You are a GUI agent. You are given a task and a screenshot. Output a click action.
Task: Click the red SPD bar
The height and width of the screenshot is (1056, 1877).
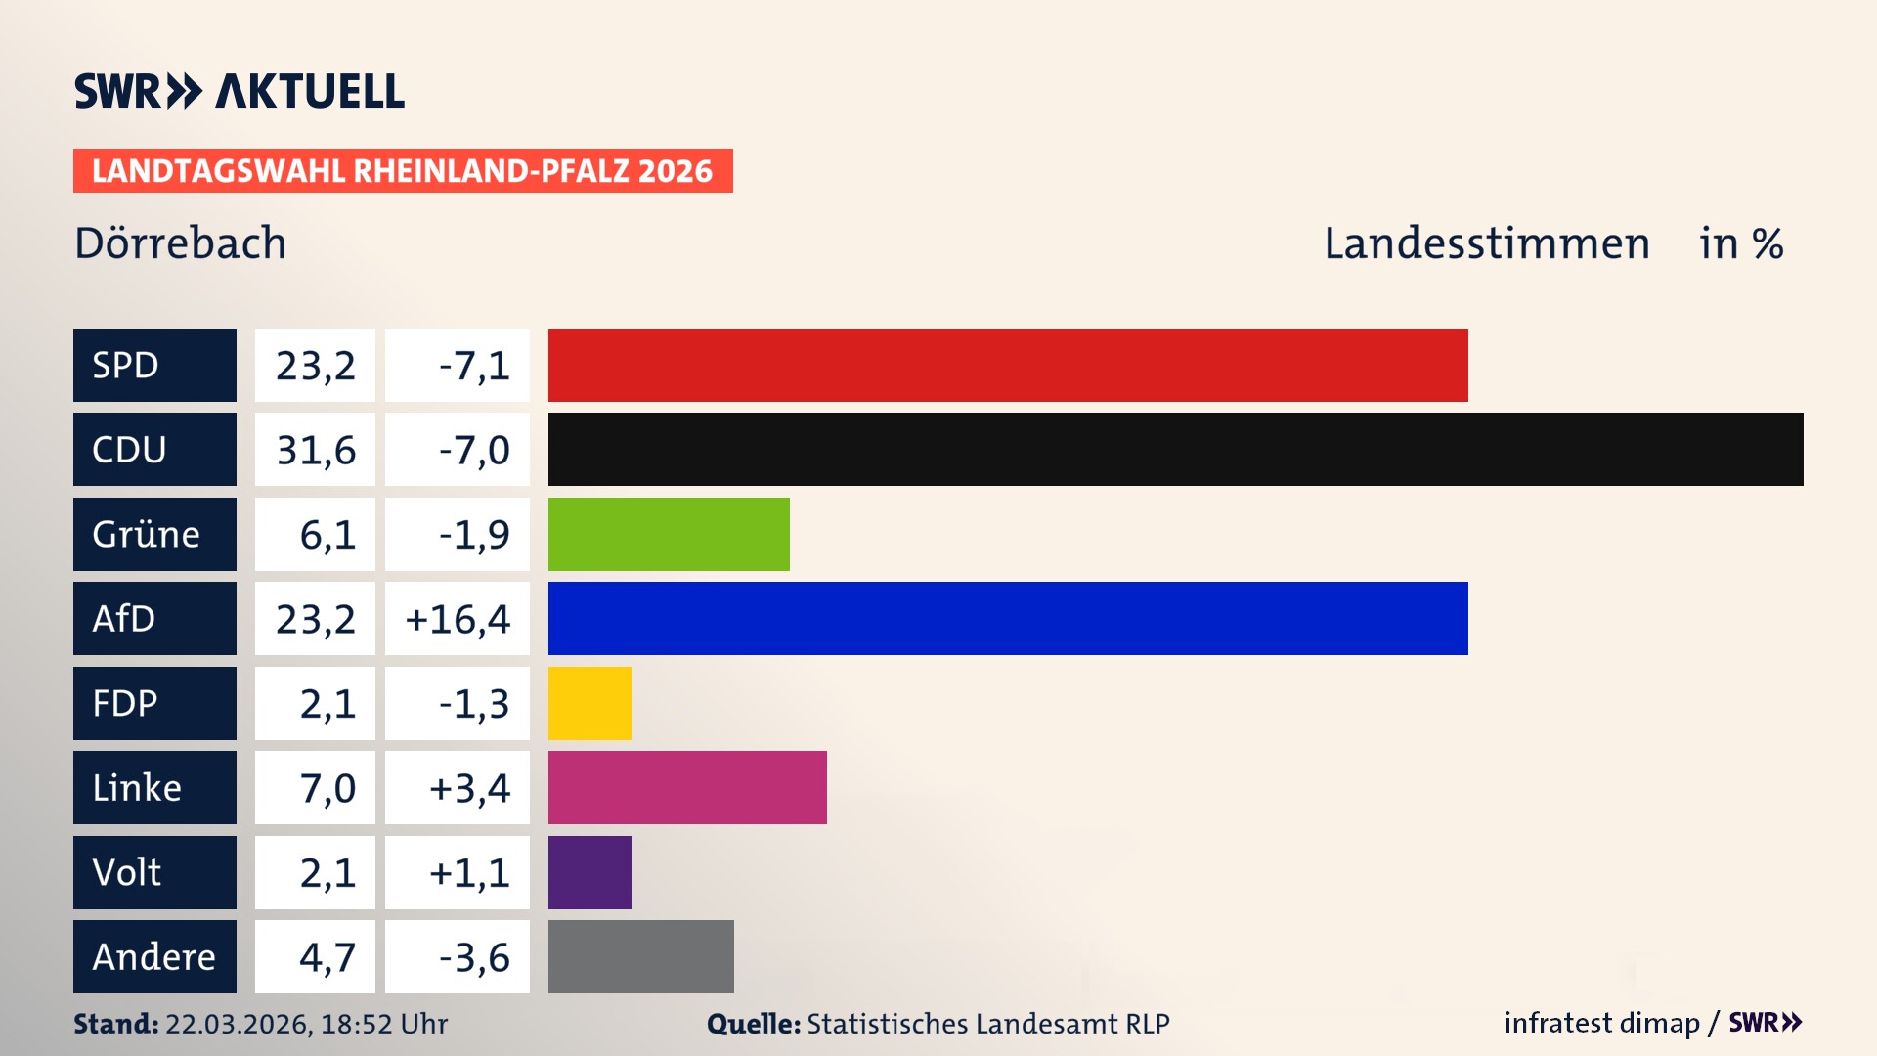(1007, 365)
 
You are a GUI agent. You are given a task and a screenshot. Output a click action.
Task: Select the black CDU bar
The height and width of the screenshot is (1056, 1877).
(1175, 450)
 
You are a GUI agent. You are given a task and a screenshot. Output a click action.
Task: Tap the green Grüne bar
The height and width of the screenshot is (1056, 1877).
(669, 534)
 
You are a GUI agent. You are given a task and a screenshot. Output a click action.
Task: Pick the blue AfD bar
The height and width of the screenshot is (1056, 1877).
(1007, 618)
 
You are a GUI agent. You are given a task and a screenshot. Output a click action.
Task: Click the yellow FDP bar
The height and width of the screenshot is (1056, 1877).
(589, 703)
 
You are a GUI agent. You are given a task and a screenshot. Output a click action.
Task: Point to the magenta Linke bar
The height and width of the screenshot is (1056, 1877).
(687, 787)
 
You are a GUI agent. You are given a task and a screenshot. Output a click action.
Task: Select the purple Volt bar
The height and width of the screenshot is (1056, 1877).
(589, 872)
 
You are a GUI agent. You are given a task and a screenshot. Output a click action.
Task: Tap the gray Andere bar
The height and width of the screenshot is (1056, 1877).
(640, 956)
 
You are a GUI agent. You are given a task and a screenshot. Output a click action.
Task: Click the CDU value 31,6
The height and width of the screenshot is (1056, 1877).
(316, 450)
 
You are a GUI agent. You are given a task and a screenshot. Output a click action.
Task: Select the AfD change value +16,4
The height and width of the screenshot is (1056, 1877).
(458, 619)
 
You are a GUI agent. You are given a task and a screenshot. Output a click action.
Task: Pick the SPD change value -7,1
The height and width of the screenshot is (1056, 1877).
(473, 366)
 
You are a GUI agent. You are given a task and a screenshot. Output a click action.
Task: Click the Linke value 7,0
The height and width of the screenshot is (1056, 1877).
(327, 788)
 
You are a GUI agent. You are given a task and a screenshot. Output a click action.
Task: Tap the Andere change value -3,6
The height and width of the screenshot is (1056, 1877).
(473, 957)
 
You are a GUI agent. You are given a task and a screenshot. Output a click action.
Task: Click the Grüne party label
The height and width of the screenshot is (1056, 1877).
(147, 534)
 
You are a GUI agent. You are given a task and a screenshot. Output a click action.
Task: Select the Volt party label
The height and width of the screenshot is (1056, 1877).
(127, 872)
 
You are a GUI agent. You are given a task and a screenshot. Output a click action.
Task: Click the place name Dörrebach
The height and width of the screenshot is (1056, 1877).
(181, 243)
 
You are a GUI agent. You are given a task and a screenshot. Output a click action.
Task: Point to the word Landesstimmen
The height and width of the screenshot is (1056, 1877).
(1486, 243)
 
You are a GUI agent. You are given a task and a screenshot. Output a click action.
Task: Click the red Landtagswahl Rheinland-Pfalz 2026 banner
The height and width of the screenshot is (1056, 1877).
(403, 171)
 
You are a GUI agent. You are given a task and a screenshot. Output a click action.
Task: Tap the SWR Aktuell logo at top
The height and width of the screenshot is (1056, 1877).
(240, 91)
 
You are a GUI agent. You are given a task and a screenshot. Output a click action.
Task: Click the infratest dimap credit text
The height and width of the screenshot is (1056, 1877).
(1601, 1023)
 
